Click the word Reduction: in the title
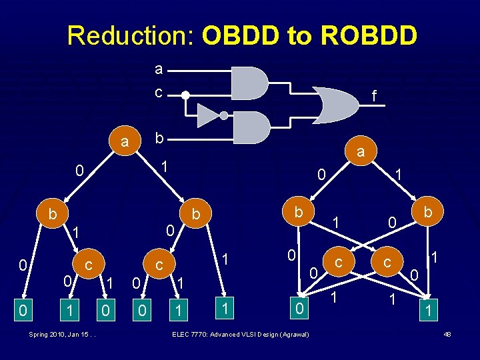pyautogui.click(x=131, y=35)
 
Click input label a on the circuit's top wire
pyautogui.click(x=158, y=69)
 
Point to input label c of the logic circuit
pyautogui.click(x=158, y=93)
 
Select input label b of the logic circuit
pyautogui.click(x=158, y=138)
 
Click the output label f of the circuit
pyautogui.click(x=374, y=97)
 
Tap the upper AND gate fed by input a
pyautogui.click(x=249, y=82)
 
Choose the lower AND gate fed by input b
pyautogui.click(x=249, y=127)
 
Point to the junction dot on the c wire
pyautogui.click(x=186, y=95)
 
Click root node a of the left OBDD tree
pyautogui.click(x=124, y=142)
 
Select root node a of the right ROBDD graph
pyautogui.click(x=361, y=152)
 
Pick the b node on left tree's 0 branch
pyautogui.click(x=52, y=214)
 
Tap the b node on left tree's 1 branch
pyautogui.click(x=196, y=215)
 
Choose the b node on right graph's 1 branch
pyautogui.click(x=427, y=212)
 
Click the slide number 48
pyautogui.click(x=447, y=333)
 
